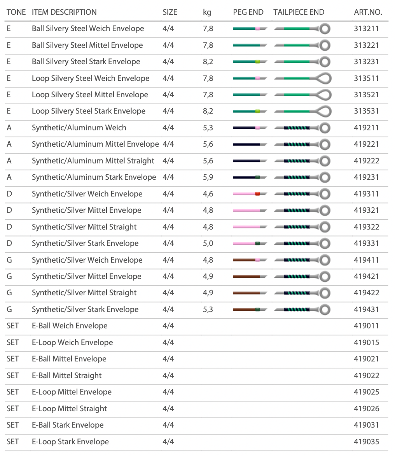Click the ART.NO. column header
(368, 12)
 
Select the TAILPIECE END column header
(299, 12)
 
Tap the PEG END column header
(248, 12)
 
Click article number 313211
(366, 28)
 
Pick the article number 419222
(366, 161)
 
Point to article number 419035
(366, 442)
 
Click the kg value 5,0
(208, 243)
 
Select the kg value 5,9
(208, 177)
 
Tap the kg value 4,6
(208, 194)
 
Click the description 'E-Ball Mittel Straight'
(66, 375)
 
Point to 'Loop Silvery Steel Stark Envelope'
(88, 111)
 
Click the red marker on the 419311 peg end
(257, 194)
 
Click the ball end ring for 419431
(325, 310)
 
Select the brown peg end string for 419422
(246, 293)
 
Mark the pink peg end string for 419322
(246, 227)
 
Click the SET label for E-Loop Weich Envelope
(12, 342)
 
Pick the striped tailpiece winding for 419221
(297, 144)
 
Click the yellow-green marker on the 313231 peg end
(257, 62)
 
